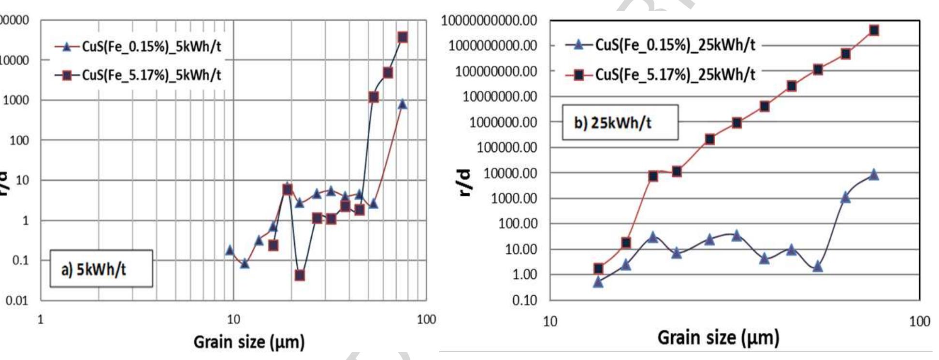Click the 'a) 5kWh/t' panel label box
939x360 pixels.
[x=101, y=269]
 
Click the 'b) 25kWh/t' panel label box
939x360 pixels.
[x=620, y=123]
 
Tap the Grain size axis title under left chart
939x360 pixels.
[x=249, y=342]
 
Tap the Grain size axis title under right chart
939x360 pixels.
[x=718, y=337]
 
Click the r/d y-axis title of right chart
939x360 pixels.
[x=465, y=183]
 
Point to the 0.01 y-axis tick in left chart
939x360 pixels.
[x=17, y=301]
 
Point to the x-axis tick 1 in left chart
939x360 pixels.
[x=41, y=319]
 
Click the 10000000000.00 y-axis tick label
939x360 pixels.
[x=489, y=21]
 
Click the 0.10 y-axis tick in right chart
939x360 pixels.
[x=524, y=300]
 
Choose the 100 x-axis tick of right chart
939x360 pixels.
[x=919, y=322]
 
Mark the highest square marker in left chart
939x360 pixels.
[x=403, y=37]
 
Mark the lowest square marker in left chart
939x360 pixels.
[x=300, y=275]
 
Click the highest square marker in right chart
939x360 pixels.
[x=874, y=30]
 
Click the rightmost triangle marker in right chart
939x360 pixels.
[x=874, y=175]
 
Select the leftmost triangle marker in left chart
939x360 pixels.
[x=230, y=250]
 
